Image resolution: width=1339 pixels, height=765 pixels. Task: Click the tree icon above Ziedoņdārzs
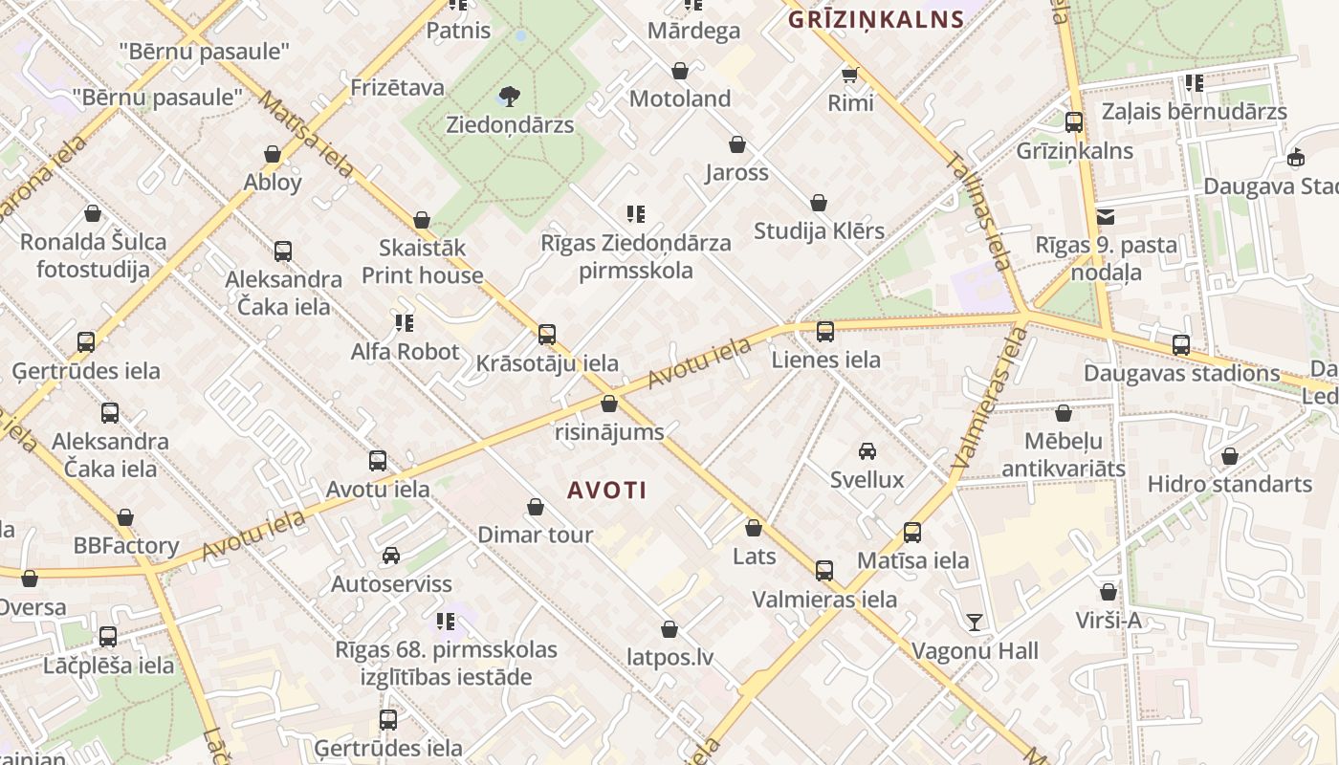click(x=510, y=96)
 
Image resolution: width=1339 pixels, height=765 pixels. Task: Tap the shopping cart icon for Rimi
click(x=849, y=74)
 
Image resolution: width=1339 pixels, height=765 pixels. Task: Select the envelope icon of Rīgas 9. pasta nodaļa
click(x=1106, y=216)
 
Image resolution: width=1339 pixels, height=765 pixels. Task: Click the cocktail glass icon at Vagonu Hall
click(x=975, y=623)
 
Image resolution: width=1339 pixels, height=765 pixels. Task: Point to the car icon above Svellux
click(x=867, y=450)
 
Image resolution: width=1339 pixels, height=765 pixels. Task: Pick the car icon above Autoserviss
click(x=391, y=556)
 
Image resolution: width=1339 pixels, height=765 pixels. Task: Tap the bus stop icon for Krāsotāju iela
click(x=547, y=335)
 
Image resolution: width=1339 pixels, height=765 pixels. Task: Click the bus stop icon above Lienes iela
click(x=825, y=332)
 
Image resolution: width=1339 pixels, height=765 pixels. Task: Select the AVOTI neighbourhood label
click(x=606, y=491)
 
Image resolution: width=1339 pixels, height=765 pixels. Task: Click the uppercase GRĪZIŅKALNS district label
click(x=875, y=19)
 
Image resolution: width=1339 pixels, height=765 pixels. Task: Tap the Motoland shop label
click(x=680, y=98)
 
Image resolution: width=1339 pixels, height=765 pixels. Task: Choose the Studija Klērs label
click(x=819, y=230)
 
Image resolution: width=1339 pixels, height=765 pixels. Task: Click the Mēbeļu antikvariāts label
click(x=1063, y=455)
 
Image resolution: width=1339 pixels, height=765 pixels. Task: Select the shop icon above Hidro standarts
click(x=1230, y=456)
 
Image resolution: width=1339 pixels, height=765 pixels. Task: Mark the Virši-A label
click(x=1109, y=621)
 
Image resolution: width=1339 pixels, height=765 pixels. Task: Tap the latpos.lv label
click(x=669, y=658)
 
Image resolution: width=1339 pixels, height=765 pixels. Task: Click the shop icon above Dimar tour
click(x=536, y=507)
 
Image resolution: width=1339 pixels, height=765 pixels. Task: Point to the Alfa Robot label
click(x=405, y=351)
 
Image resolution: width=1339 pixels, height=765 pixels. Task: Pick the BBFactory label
click(x=126, y=546)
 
